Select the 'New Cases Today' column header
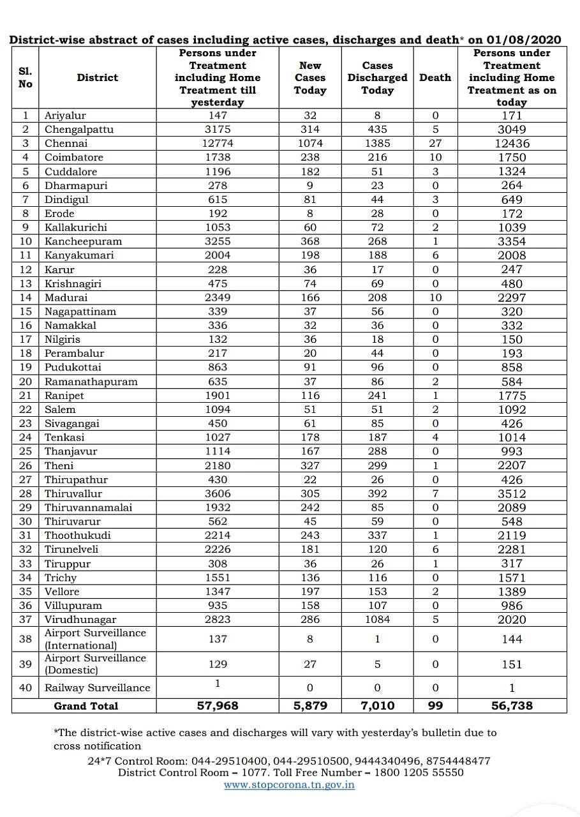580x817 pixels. point(310,78)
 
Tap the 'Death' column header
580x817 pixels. point(435,78)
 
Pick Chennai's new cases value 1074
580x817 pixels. point(310,143)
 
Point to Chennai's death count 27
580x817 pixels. point(435,143)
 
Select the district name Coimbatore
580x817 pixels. point(73,157)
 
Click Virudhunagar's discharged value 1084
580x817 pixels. point(377,619)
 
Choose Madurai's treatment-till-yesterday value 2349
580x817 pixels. point(218,297)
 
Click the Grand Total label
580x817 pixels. point(86,706)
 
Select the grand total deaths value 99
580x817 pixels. point(435,706)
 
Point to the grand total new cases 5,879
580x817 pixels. point(310,706)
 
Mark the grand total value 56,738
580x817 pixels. point(512,706)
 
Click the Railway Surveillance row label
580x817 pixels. point(97,688)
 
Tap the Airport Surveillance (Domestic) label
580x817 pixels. point(95,664)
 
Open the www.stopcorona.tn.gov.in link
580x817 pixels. point(289,784)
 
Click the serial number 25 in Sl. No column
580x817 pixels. point(25,451)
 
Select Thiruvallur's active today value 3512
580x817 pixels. point(512,493)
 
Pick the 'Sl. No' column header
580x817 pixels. point(25,78)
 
